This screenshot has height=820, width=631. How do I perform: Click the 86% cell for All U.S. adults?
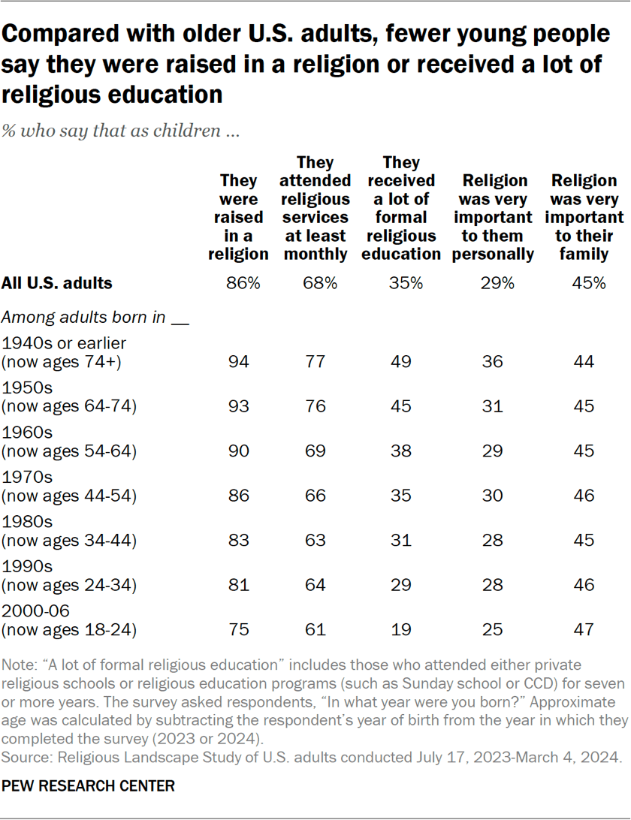[x=238, y=283]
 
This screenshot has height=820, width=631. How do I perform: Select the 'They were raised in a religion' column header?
[x=238, y=218]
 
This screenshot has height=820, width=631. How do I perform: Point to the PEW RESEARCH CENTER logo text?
[x=89, y=786]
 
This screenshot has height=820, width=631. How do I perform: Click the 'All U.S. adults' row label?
[x=58, y=283]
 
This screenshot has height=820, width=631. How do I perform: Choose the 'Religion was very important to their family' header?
[x=584, y=218]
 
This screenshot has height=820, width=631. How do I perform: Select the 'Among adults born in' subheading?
[x=95, y=317]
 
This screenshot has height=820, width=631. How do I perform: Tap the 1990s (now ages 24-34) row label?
[x=69, y=576]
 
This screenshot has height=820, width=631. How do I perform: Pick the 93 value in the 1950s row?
[x=238, y=406]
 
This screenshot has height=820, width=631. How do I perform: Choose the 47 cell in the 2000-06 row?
[x=584, y=629]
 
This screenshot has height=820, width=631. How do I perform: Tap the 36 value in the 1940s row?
[x=494, y=362]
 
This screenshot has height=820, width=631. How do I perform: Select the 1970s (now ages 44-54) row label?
[x=69, y=487]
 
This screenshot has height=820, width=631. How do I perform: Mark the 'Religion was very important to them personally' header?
[x=494, y=218]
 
